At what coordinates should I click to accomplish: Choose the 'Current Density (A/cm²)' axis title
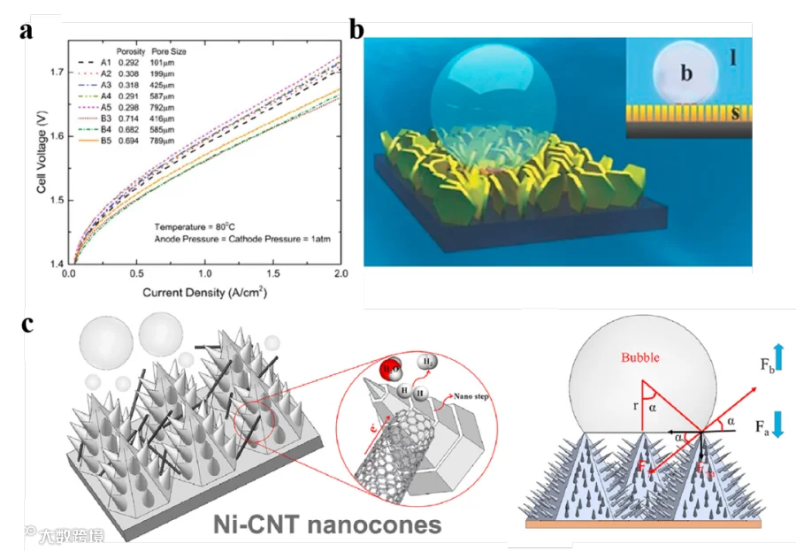pos(206,291)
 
